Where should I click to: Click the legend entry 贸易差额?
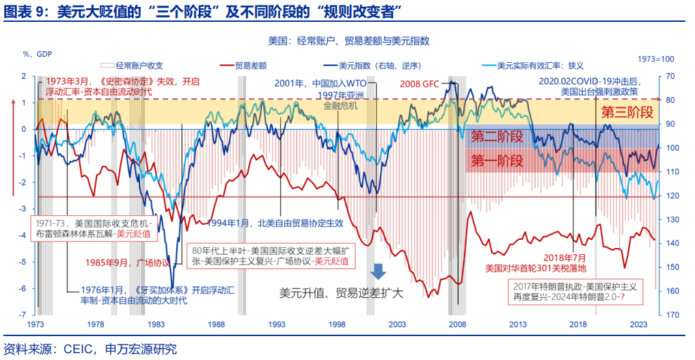(251, 66)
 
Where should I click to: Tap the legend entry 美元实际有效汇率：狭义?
(540, 66)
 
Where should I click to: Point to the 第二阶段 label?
(498, 137)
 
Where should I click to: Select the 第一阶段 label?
(498, 161)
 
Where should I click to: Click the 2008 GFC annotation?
(419, 85)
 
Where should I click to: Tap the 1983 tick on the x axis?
(155, 324)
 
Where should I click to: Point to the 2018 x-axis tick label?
(578, 324)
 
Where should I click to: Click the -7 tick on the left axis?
(23, 315)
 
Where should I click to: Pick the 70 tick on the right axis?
(670, 76)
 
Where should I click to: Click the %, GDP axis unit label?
(37, 54)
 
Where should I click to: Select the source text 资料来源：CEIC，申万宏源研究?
(90, 349)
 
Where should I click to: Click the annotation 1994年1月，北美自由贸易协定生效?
(275, 223)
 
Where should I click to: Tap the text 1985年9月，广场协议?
(128, 262)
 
